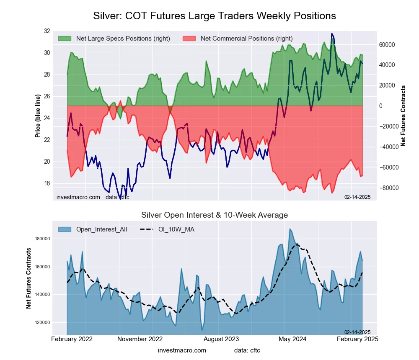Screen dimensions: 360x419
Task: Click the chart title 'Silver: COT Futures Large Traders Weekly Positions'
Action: pos(214,16)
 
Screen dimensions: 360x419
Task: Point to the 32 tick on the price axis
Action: pos(46,31)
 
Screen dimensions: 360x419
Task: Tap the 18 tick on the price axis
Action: pos(46,183)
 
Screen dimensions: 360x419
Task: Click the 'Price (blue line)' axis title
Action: pos(38,116)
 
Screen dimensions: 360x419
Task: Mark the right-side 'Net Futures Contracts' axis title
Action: pos(403,116)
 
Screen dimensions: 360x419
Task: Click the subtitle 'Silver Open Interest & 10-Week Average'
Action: pos(214,215)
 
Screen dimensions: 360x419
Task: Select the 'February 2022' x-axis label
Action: pos(72,339)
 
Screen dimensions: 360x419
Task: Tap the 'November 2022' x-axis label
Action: pos(140,339)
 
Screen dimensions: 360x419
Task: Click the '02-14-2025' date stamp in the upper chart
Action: pos(357,197)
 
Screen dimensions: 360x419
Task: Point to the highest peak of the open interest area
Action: pos(290,229)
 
